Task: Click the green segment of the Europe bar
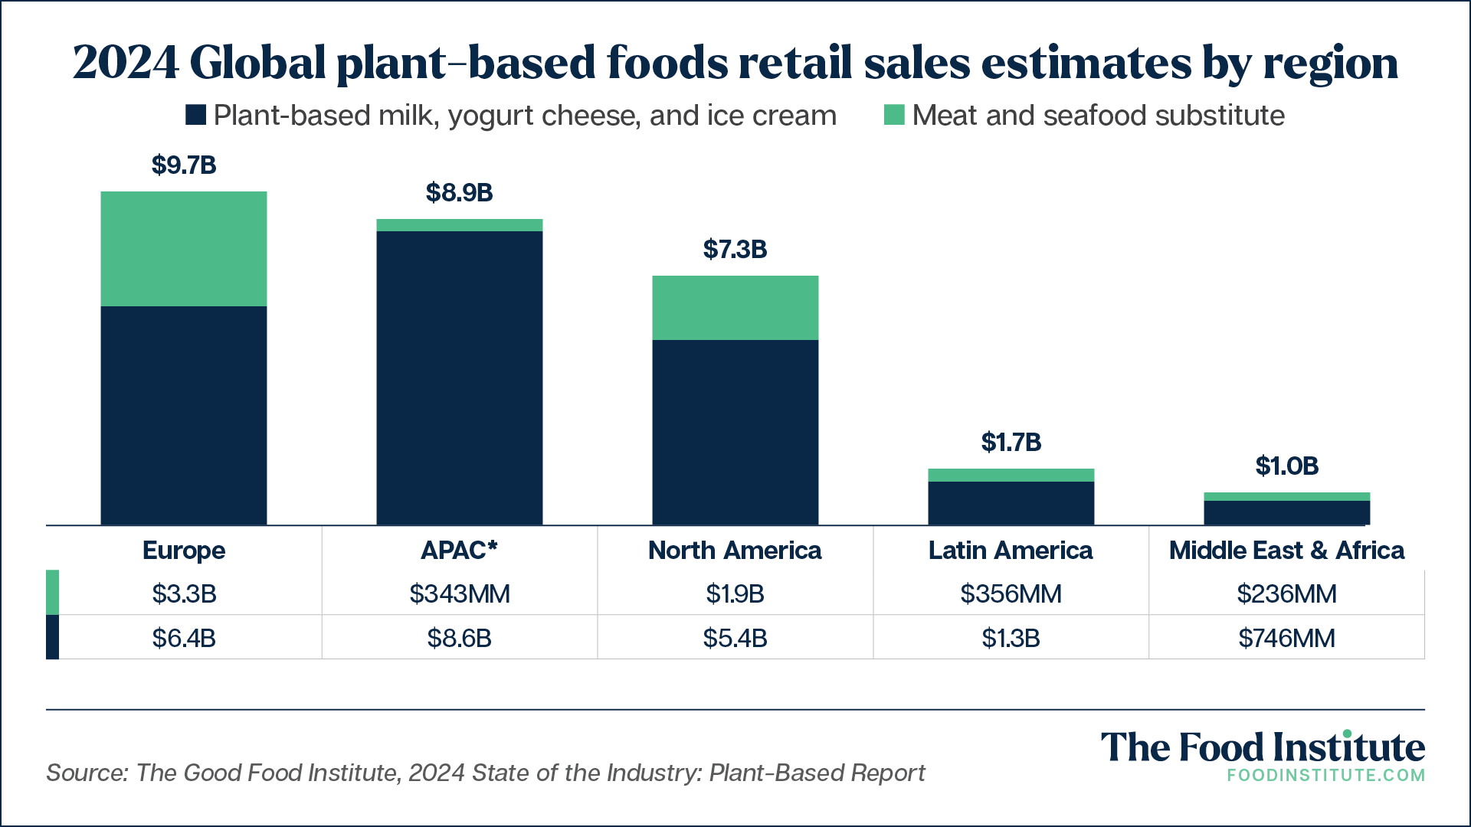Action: coord(184,249)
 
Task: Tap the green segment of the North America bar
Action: coord(735,308)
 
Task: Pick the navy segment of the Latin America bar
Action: coord(1011,503)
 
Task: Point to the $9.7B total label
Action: coord(184,165)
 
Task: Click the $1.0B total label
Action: coord(1287,466)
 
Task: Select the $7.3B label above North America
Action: coord(735,249)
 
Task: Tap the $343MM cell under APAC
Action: coord(460,593)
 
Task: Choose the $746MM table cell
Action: coord(1287,638)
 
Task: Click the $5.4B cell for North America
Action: coord(735,638)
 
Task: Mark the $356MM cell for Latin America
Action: coord(1011,593)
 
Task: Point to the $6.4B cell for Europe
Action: coord(184,638)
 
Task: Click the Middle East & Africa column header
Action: coord(1287,550)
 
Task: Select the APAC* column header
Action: coord(460,550)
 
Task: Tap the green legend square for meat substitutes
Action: coord(894,115)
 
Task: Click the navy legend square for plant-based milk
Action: coord(195,115)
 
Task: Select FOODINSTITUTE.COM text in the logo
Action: coord(1326,775)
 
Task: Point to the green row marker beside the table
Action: coord(52,592)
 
